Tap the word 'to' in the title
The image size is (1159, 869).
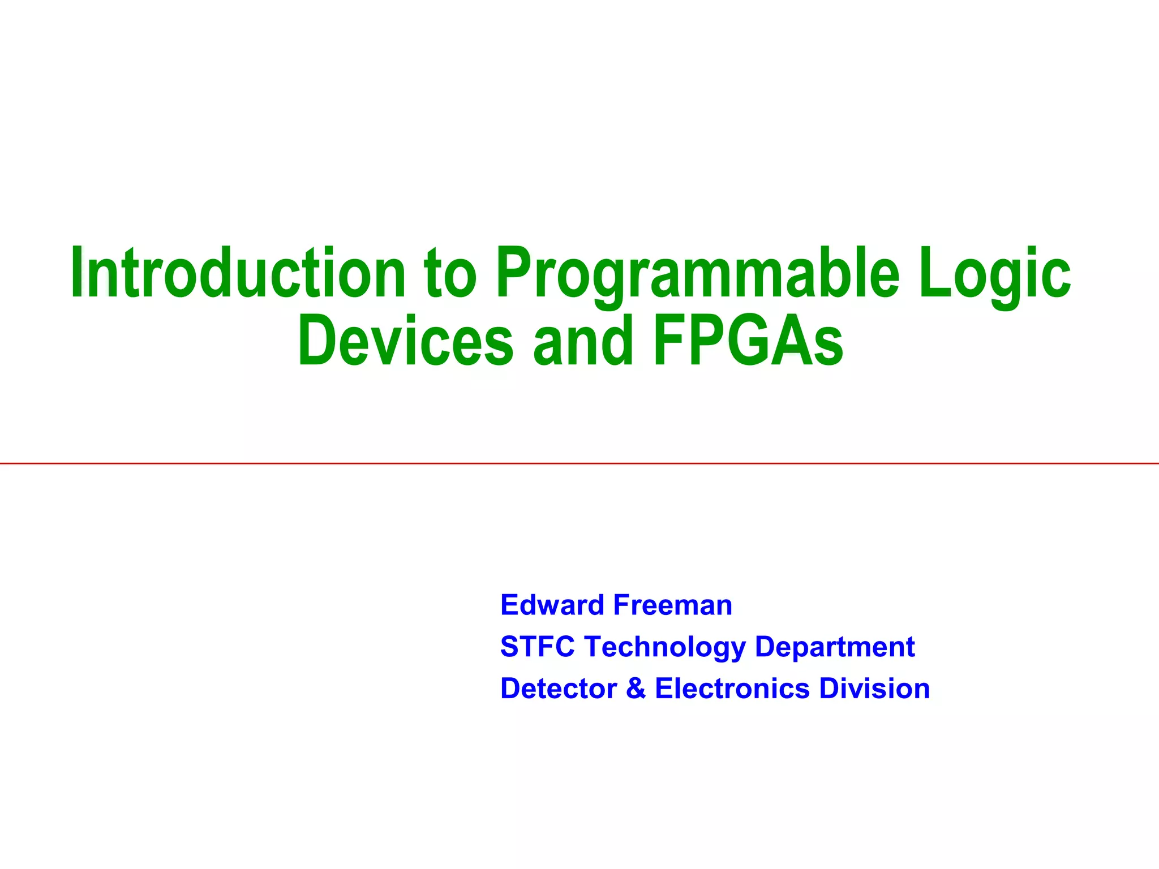[450, 274]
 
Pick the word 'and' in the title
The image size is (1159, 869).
[583, 341]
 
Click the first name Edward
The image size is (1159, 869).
[552, 605]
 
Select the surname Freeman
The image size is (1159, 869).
[673, 605]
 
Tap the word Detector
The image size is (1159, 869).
[559, 689]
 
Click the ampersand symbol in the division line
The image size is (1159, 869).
[636, 689]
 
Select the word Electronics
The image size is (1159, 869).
[732, 689]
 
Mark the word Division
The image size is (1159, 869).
[875, 689]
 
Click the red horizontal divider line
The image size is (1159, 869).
[579, 463]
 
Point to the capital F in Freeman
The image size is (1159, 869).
[621, 605]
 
